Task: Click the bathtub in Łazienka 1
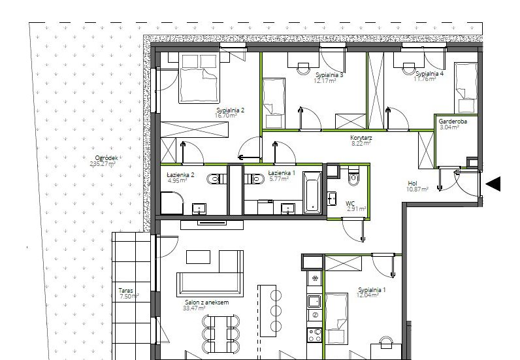pyautogui.click(x=313, y=192)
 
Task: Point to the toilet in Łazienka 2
pyautogui.click(x=215, y=179)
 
